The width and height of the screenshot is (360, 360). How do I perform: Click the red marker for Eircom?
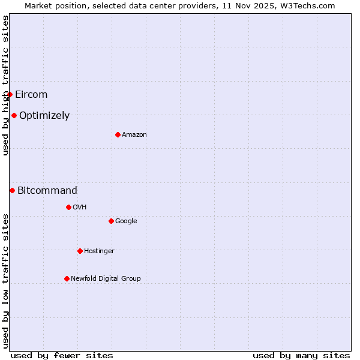point(10,94)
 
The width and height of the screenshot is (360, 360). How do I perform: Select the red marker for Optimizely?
point(14,115)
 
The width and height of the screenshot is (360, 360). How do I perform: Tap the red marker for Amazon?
point(118,134)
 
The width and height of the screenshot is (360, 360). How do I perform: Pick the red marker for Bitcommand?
point(12,190)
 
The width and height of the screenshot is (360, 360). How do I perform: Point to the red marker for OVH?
point(68,207)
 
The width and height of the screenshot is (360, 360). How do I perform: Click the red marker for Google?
point(111,221)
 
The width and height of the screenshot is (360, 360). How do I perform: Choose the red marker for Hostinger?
point(80,251)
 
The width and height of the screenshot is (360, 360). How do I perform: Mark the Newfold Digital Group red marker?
point(67,278)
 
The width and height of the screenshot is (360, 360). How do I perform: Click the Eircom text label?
point(31,94)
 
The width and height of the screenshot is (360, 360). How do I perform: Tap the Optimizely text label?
point(44,115)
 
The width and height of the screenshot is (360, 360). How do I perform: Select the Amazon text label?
point(134,134)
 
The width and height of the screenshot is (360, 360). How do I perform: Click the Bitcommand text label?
point(47,190)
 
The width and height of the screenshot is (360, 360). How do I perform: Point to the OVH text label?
point(80,207)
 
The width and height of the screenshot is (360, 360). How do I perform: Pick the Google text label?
point(126,221)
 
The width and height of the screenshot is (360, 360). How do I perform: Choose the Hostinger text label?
point(99,251)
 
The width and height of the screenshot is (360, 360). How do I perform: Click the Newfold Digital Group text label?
point(106,278)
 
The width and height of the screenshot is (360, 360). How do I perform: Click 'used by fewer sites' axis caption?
point(62,355)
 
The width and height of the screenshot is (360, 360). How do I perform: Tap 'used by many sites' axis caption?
point(301,355)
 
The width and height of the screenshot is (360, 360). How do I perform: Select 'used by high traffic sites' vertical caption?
point(5,85)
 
